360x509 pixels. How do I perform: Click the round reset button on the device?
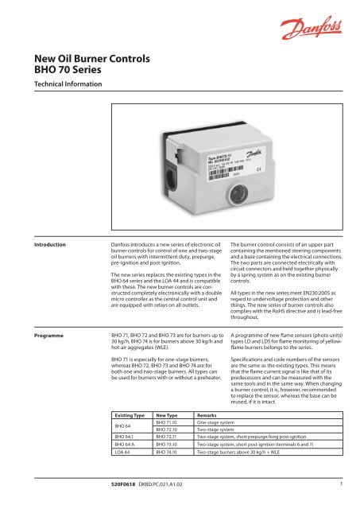pos(216,193)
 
